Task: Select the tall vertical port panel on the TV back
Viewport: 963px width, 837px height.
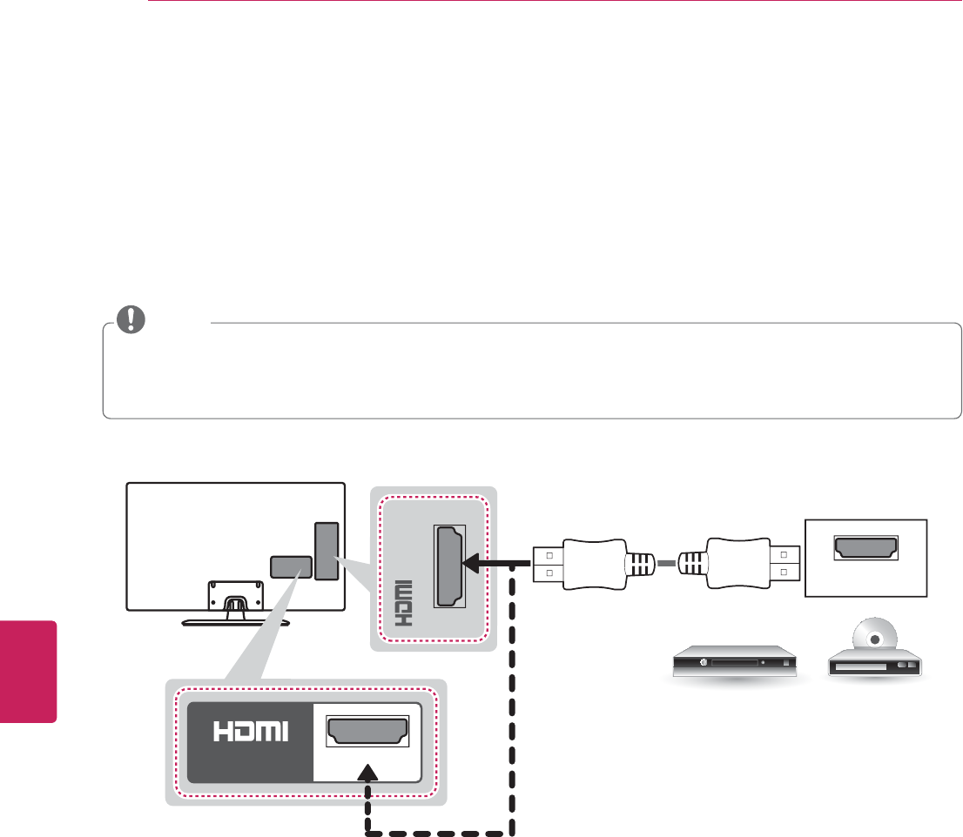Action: (325, 551)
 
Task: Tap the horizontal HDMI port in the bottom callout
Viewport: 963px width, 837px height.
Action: (367, 733)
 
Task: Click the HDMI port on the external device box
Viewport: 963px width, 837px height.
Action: (867, 546)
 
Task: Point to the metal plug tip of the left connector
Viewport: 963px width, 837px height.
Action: (545, 565)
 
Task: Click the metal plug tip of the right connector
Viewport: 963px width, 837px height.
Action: (784, 565)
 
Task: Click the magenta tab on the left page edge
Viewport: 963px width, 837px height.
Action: (29, 671)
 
